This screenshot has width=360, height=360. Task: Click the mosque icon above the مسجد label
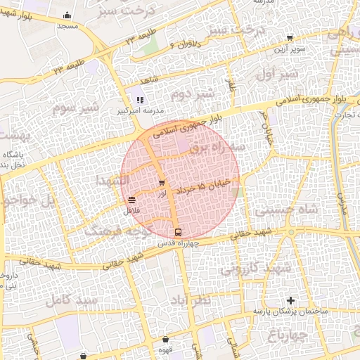67,15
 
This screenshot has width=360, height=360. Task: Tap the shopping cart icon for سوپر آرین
290,38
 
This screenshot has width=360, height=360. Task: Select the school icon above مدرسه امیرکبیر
139,100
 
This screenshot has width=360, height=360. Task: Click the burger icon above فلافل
132,201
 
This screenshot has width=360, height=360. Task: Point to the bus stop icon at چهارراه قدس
177,231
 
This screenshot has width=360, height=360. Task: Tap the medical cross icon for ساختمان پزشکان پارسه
290,300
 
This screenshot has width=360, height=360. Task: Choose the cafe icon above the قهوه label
166,340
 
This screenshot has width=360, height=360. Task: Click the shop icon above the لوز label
162,184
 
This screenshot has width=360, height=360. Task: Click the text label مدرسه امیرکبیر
144,111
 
